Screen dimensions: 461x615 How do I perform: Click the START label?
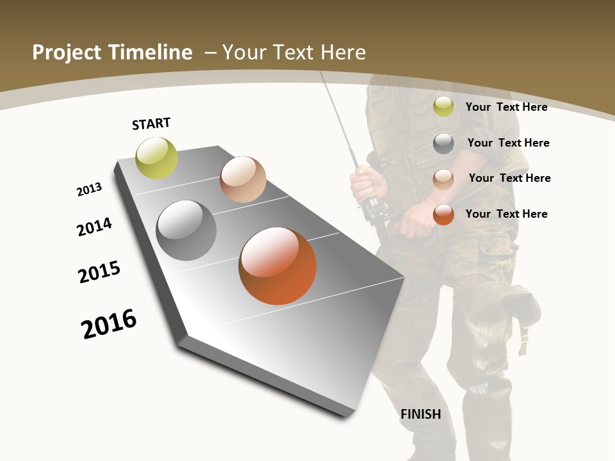tap(151, 124)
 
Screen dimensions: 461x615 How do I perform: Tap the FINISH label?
tap(421, 414)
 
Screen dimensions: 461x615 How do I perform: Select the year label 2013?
tap(90, 190)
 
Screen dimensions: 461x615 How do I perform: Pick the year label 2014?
tap(95, 227)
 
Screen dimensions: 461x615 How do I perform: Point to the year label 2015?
tap(99, 271)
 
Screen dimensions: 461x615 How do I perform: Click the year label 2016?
tap(109, 323)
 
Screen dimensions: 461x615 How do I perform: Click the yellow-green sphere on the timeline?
tap(157, 158)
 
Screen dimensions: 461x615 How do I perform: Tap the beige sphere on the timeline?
tap(243, 179)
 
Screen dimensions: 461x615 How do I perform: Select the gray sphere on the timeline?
tap(186, 230)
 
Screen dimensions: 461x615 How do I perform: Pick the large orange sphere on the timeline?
tap(277, 266)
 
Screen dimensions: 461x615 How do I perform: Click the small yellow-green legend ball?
tap(443, 107)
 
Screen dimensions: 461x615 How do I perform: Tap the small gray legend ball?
tap(443, 143)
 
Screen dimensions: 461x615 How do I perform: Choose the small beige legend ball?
tap(443, 179)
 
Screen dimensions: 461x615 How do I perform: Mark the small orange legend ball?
tap(443, 214)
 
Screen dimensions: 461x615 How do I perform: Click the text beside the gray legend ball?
tap(508, 143)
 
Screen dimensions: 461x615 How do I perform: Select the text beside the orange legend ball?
tap(506, 214)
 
